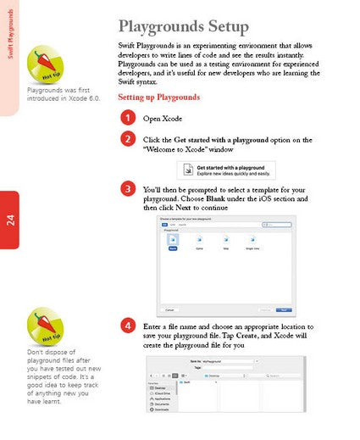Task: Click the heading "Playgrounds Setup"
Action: (x=183, y=26)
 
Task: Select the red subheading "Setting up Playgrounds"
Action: (x=158, y=97)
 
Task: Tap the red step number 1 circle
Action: (x=127, y=118)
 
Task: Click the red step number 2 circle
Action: (x=127, y=138)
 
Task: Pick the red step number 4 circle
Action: (x=127, y=326)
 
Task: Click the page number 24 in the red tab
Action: (x=9, y=220)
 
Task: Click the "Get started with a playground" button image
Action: (x=225, y=170)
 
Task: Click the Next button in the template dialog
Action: (x=285, y=309)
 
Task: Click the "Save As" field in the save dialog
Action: (x=224, y=360)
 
